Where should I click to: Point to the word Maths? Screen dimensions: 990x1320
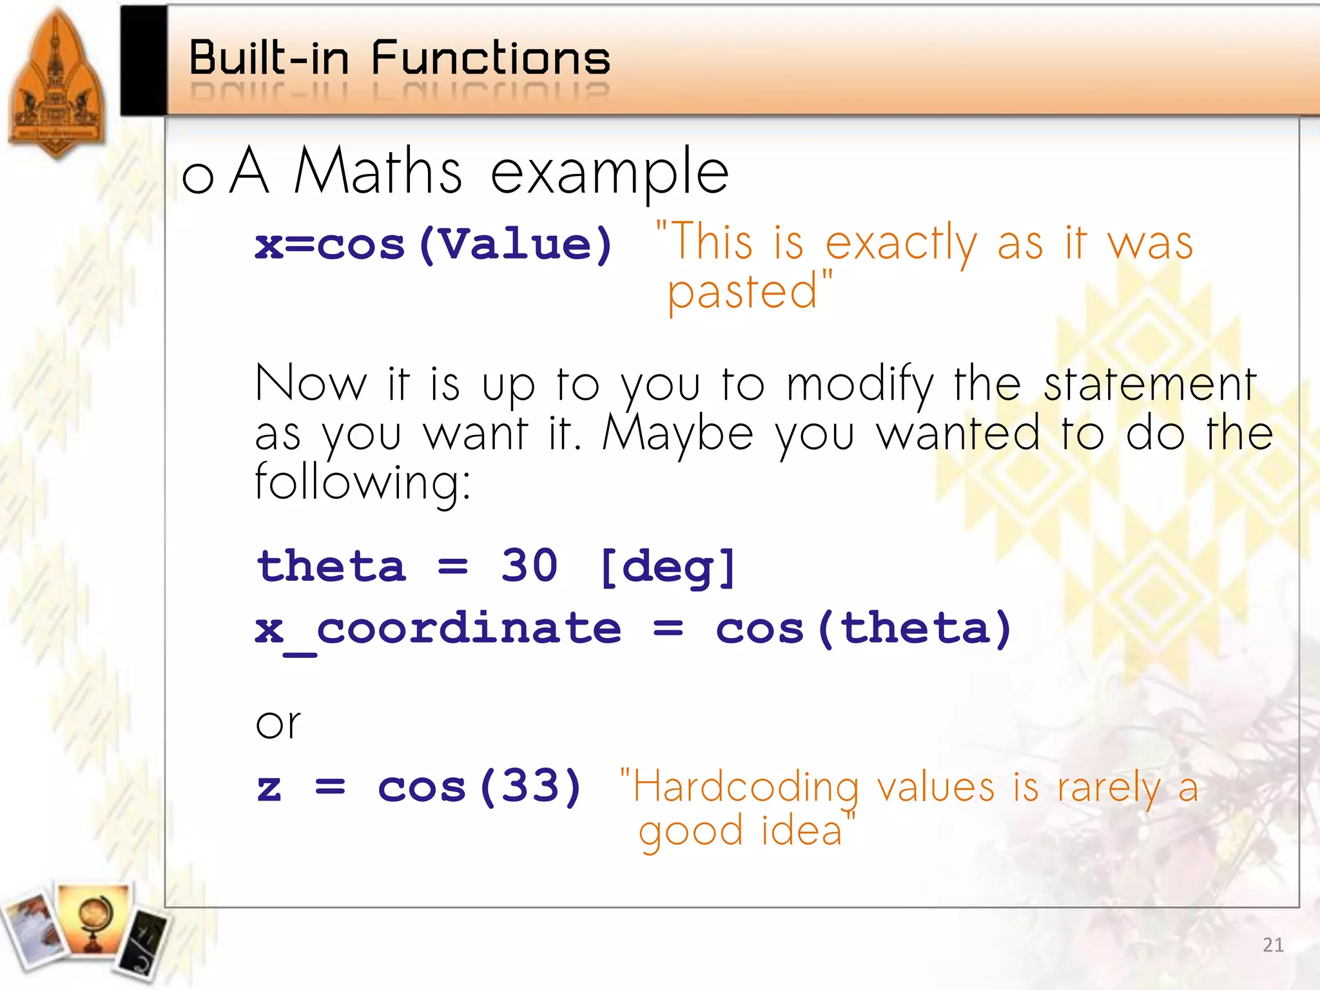tap(378, 171)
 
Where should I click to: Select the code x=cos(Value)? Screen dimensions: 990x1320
tap(434, 245)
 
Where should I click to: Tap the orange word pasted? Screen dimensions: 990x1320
tap(742, 292)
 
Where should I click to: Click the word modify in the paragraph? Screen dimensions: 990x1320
tap(860, 385)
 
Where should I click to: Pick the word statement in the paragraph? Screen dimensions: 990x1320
tap(1150, 385)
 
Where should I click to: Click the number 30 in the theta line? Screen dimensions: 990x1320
tap(529, 566)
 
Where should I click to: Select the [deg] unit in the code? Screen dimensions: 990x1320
tap(668, 567)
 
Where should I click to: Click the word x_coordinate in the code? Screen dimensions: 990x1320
tap(438, 629)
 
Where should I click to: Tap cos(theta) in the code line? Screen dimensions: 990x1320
tap(863, 629)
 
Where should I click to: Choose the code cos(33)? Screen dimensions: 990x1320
tap(480, 786)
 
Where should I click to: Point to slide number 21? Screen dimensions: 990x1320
tap(1272, 945)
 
